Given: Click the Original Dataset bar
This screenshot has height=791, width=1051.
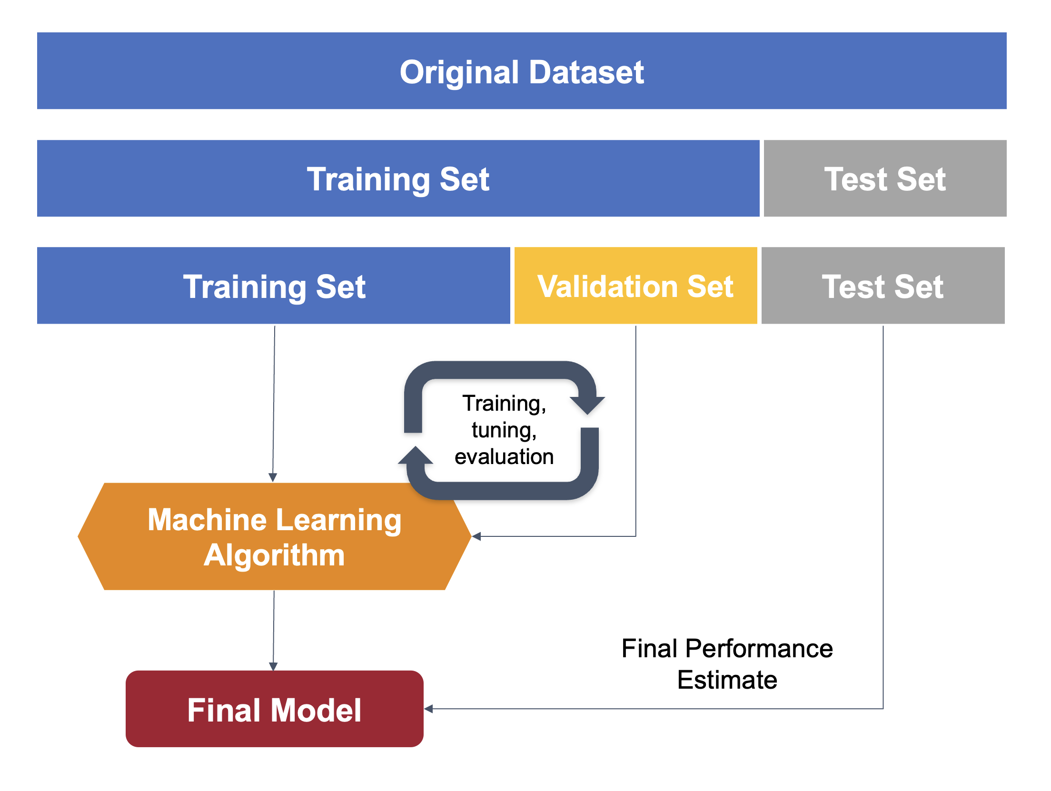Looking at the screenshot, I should (522, 71).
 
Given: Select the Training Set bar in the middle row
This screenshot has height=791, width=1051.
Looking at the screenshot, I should (398, 178).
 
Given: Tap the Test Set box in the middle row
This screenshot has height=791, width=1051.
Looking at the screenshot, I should (885, 178).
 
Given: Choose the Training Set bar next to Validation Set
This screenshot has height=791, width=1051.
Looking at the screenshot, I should (274, 286).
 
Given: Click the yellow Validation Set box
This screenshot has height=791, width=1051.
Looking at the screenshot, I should (635, 286).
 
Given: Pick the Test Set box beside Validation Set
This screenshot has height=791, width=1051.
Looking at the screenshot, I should (883, 286).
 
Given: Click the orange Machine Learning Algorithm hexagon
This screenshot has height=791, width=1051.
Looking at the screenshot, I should (274, 536).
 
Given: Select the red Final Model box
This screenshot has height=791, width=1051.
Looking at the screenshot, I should (274, 709).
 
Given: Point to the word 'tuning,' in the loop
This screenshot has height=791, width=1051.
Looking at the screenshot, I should (504, 430).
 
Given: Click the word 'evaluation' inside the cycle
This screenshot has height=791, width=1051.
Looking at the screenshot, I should (504, 456).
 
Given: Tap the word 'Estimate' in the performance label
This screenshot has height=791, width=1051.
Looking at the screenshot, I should (727, 679).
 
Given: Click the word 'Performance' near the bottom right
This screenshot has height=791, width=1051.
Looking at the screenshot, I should (759, 648).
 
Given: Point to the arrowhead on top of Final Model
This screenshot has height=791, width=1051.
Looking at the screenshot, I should (273, 666).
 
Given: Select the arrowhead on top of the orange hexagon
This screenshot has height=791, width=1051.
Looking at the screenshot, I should (273, 477).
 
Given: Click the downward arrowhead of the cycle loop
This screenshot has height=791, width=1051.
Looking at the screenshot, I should (587, 405).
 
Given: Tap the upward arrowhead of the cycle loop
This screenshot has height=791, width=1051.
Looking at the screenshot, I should (416, 455).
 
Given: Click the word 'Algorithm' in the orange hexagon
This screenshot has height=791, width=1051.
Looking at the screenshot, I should (274, 555).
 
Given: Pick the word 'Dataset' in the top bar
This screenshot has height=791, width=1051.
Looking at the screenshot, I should (586, 72).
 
